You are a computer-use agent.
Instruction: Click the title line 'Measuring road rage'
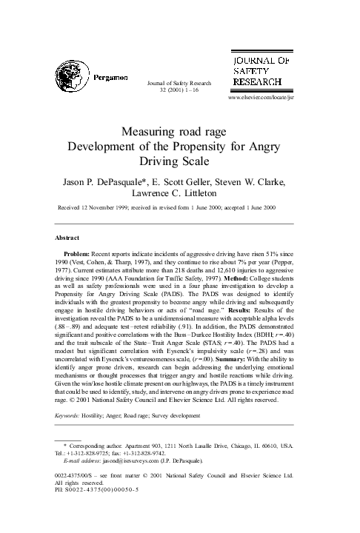[x=180, y=133]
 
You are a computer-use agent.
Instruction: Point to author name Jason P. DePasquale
[x=108, y=179]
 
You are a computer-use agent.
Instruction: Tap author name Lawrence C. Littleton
[x=180, y=192]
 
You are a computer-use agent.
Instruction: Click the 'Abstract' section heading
[x=69, y=237]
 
